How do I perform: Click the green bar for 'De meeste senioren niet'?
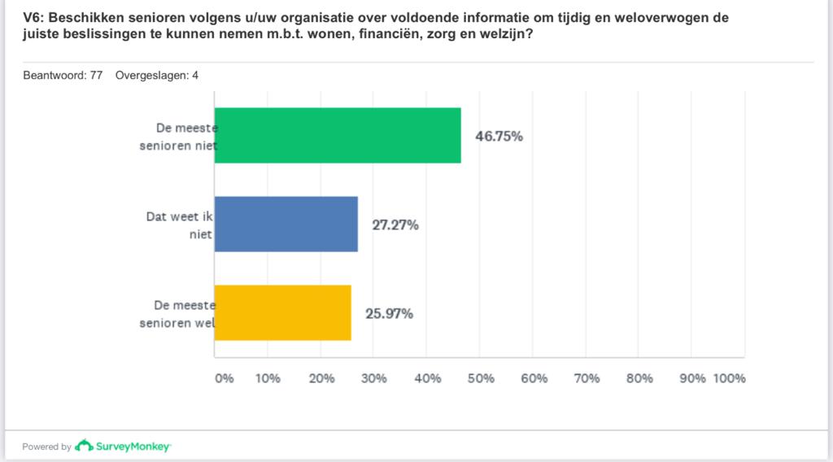tap(338, 136)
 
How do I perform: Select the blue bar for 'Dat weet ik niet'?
tap(286, 224)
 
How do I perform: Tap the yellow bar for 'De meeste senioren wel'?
tap(282, 313)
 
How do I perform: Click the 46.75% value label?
tap(499, 136)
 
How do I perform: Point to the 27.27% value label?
tap(395, 225)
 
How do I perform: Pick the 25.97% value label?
tap(389, 313)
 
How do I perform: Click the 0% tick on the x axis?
tap(223, 378)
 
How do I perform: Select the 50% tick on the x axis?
tap(480, 378)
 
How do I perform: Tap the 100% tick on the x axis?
tap(729, 378)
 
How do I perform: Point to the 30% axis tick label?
tap(374, 378)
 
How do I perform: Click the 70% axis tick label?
tap(587, 378)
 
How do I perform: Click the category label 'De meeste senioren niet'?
tap(185, 136)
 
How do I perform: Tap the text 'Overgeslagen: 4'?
tap(157, 76)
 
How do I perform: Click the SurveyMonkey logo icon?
tap(84, 446)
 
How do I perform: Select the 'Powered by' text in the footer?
tap(46, 447)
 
